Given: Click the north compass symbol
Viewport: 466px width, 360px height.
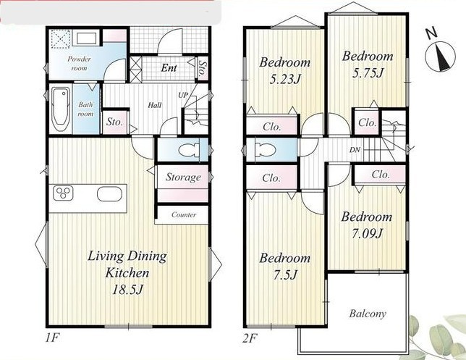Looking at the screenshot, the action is pos(440,56).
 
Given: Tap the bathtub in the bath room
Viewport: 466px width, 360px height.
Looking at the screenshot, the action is pos(61,109).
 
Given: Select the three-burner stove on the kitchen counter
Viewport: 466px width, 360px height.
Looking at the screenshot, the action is pos(63,193).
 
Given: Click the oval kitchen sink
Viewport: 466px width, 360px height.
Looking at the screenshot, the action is pos(109,194).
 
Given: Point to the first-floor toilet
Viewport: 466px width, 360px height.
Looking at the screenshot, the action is pos(190,150).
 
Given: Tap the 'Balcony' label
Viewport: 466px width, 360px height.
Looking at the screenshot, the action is pos(368,314).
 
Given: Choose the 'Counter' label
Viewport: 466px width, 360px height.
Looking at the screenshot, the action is pos(184,214).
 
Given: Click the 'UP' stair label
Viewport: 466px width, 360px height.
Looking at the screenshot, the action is pos(183,95).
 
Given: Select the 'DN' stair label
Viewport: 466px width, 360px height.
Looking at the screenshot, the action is pos(355,150).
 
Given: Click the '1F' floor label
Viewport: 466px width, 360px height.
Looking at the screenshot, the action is pos(53,338).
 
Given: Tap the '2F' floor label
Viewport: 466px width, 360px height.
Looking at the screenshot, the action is pos(250,338).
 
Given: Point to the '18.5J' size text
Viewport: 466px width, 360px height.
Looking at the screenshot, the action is pos(127,289).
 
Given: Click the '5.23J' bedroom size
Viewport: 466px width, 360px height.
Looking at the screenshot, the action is pos(285,79).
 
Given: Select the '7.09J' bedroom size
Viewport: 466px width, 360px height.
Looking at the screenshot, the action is pos(366,233).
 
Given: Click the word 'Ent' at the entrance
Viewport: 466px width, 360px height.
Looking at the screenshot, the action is pos(169,68).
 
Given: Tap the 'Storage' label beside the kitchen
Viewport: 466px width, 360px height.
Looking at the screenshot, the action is pos(183,177).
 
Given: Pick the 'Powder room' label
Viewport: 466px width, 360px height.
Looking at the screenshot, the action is pos(79,63).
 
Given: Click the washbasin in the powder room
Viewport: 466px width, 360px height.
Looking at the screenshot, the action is pos(87,38).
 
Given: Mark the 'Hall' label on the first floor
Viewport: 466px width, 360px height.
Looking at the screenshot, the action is pos(155,105).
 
